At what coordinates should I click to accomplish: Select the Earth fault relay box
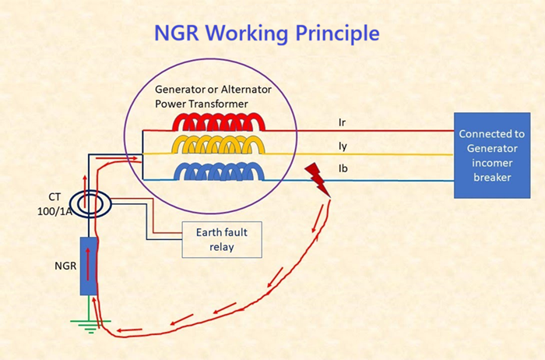point(221,240)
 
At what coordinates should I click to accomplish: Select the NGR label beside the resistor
point(65,265)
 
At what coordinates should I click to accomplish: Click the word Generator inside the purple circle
point(185,90)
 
